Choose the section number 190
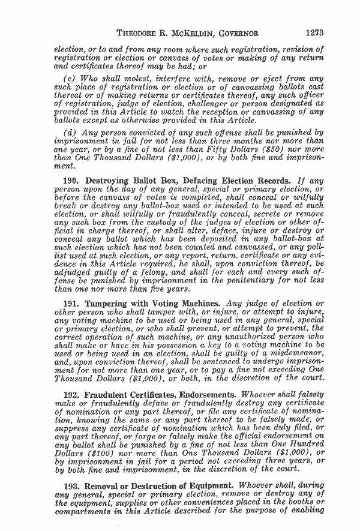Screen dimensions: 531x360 (72, 180)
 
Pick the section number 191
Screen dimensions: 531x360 (72, 304)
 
